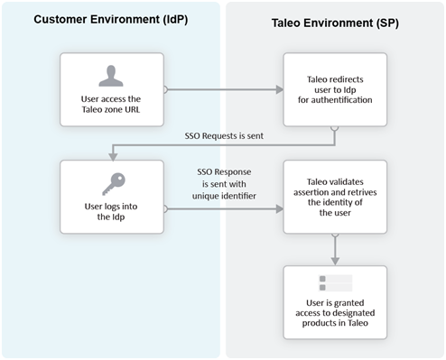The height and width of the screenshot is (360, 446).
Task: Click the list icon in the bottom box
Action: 335,282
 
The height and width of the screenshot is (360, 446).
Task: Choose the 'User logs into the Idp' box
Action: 110,197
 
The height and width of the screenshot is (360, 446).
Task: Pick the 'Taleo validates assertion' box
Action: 335,197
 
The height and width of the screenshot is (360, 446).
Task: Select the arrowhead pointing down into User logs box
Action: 110,154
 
